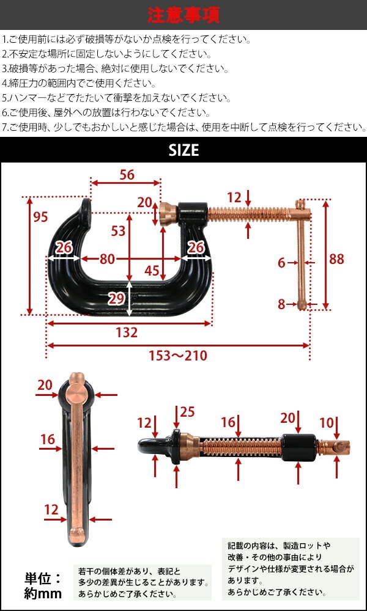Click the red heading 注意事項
183,14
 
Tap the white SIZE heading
183,149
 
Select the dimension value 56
126,175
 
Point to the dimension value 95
40,217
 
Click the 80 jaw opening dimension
107,259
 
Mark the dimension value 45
153,270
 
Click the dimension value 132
126,332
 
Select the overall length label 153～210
178,356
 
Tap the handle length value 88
336,259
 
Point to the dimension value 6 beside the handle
281,263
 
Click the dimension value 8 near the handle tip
281,304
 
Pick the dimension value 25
187,412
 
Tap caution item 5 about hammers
116,98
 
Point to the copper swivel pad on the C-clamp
166,214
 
